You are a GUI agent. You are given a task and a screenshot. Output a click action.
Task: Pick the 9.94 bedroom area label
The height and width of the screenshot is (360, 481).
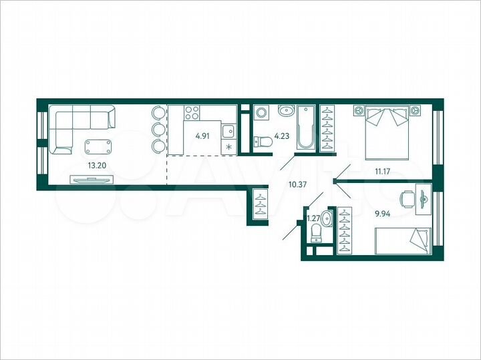[383, 214]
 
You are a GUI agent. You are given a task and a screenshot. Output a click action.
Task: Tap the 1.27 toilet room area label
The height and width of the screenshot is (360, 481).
[313, 217]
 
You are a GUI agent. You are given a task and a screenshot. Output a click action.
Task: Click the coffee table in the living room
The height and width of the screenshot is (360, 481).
[98, 146]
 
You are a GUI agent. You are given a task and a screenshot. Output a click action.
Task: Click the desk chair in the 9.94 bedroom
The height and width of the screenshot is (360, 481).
[408, 198]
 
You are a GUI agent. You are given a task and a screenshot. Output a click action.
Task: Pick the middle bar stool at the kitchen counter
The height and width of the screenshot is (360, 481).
[158, 129]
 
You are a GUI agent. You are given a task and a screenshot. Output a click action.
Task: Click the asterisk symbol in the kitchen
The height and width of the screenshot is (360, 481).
[229, 148]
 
